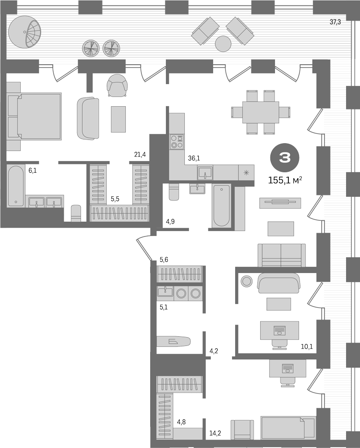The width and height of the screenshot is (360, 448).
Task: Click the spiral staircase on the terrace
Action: coord(26,32)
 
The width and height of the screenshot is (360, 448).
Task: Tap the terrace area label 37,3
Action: coord(335,22)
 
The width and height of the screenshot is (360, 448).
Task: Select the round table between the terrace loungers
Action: coord(223,44)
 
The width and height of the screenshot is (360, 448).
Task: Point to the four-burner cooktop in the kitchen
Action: coord(177,141)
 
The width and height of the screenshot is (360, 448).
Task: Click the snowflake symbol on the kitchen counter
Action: coord(246,173)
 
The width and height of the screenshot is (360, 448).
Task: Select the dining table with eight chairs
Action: coord(261,112)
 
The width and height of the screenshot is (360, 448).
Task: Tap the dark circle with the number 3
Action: coord(285,158)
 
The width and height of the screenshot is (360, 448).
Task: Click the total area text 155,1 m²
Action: coord(285,180)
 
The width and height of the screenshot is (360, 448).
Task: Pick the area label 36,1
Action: coord(194,158)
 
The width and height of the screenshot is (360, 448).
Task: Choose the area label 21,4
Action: coord(140,154)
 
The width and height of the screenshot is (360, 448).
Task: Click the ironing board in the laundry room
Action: coord(173,341)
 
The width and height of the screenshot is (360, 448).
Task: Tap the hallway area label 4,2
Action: coord(214,351)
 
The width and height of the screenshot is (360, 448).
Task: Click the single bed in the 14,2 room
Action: coord(282,427)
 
